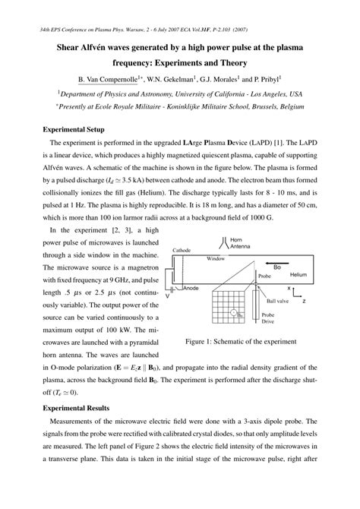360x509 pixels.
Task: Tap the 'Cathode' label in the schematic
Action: click(182, 249)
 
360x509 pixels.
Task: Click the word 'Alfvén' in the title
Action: click(98, 49)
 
